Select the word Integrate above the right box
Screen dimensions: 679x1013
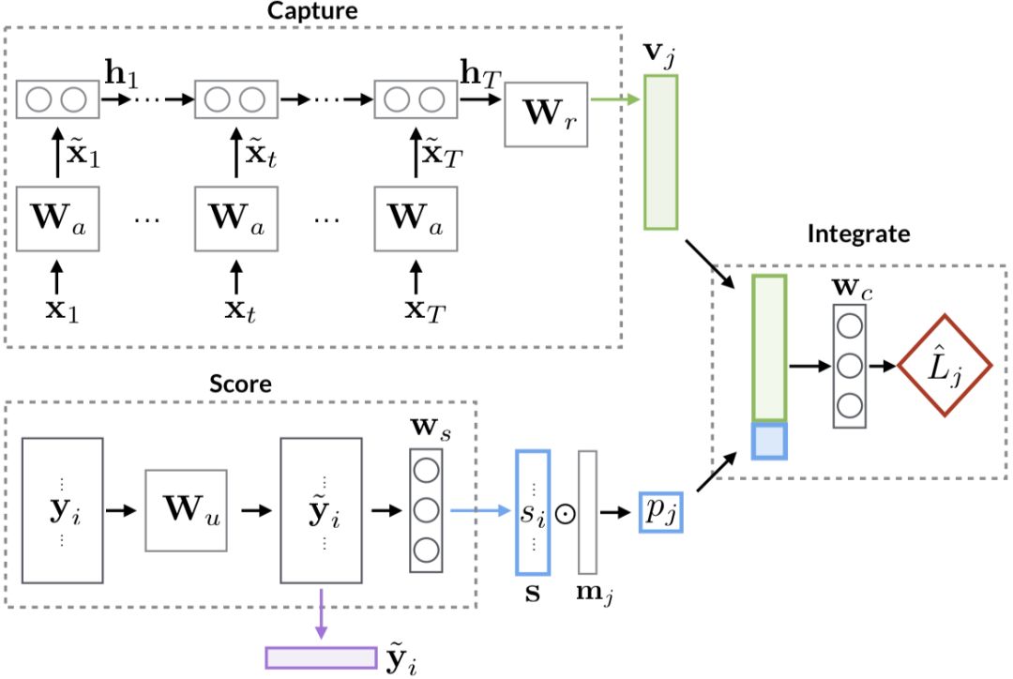[x=858, y=234]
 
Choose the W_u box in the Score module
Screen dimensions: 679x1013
[x=186, y=512]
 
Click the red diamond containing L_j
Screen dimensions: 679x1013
[x=945, y=365]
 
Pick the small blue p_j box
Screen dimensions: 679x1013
[x=660, y=511]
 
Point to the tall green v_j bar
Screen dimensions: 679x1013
[x=660, y=152]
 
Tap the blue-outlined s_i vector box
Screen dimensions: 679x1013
[x=532, y=512]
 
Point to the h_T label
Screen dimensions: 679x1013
[x=476, y=71]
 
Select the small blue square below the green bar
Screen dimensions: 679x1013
[x=769, y=441]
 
